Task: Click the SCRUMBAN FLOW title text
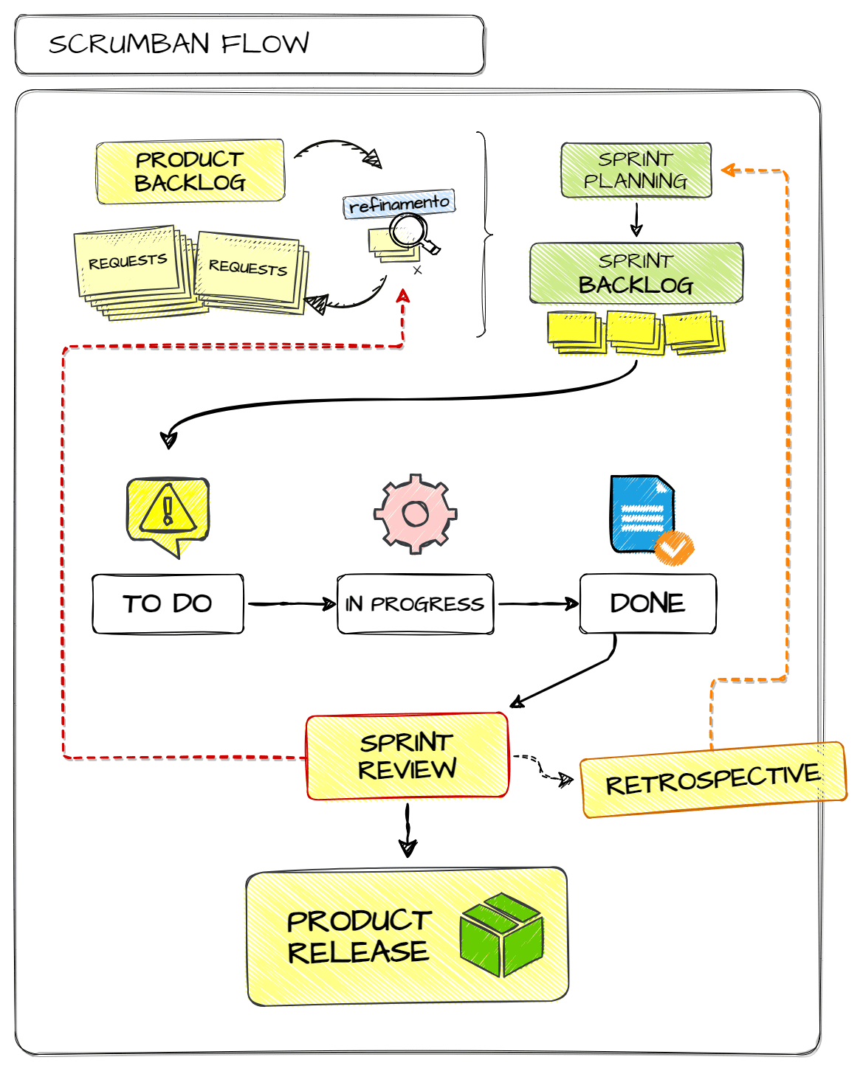coord(179,44)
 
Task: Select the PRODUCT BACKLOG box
coord(190,171)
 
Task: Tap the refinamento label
coord(399,204)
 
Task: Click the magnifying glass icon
coord(413,233)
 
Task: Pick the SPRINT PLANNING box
coord(636,170)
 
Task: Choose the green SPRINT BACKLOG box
coord(636,273)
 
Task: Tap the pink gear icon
coord(415,513)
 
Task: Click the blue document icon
coord(643,514)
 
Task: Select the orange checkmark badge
coord(674,548)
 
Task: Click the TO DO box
coord(168,604)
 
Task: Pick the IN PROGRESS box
coord(415,604)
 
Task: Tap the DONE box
coord(647,603)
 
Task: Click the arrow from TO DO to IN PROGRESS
coord(292,604)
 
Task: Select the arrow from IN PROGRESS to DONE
coord(538,604)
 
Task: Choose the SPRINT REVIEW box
coord(407,755)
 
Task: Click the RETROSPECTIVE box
coord(713,780)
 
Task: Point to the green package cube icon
coord(501,935)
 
